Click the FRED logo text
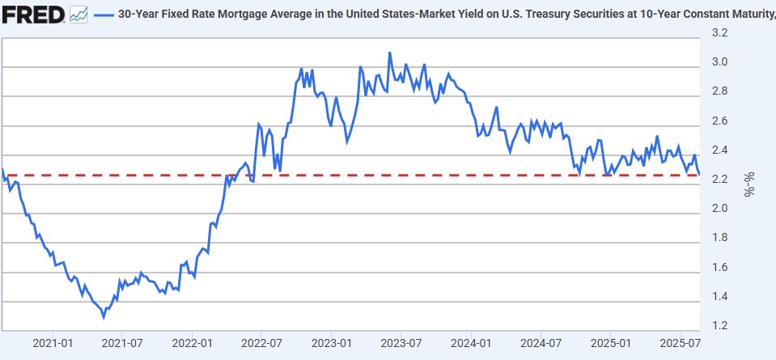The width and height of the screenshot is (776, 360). [33, 14]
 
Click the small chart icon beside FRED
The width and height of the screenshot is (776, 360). [78, 14]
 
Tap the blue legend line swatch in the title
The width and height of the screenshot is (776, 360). [104, 15]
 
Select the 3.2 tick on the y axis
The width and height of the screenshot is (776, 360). [719, 32]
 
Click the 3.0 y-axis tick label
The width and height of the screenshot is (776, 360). [719, 62]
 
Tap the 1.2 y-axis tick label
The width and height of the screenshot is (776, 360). [719, 326]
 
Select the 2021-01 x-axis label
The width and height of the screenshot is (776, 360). [53, 343]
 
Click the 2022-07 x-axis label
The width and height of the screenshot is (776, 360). [263, 343]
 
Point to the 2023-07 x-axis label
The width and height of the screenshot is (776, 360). [402, 343]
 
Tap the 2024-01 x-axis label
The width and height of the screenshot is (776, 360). [473, 343]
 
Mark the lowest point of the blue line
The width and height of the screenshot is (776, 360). [103, 318]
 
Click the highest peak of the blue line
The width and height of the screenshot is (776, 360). [389, 53]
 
